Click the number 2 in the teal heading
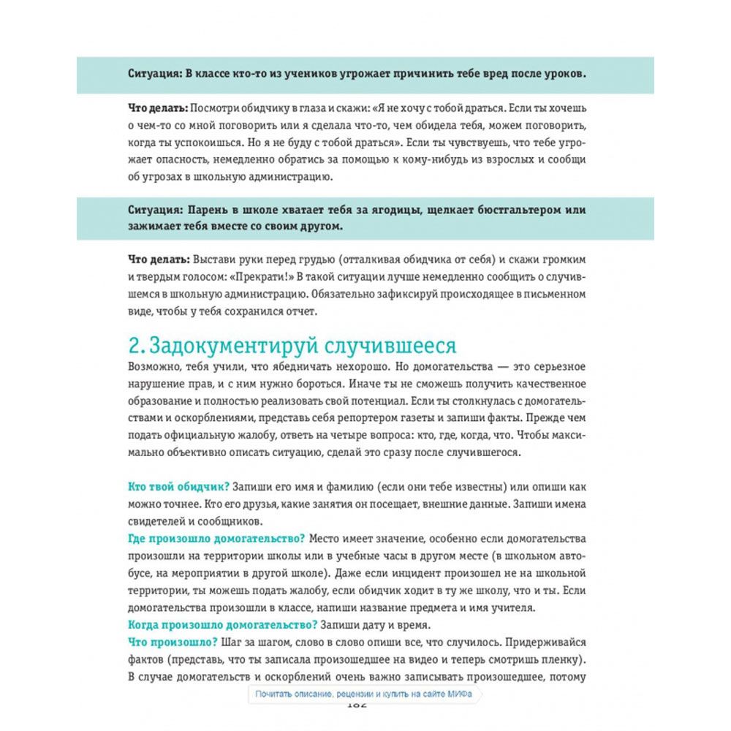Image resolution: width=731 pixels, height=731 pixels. (x=133, y=345)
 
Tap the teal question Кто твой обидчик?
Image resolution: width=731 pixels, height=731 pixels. (x=179, y=486)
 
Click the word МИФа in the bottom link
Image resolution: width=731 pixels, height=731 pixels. (x=466, y=694)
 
